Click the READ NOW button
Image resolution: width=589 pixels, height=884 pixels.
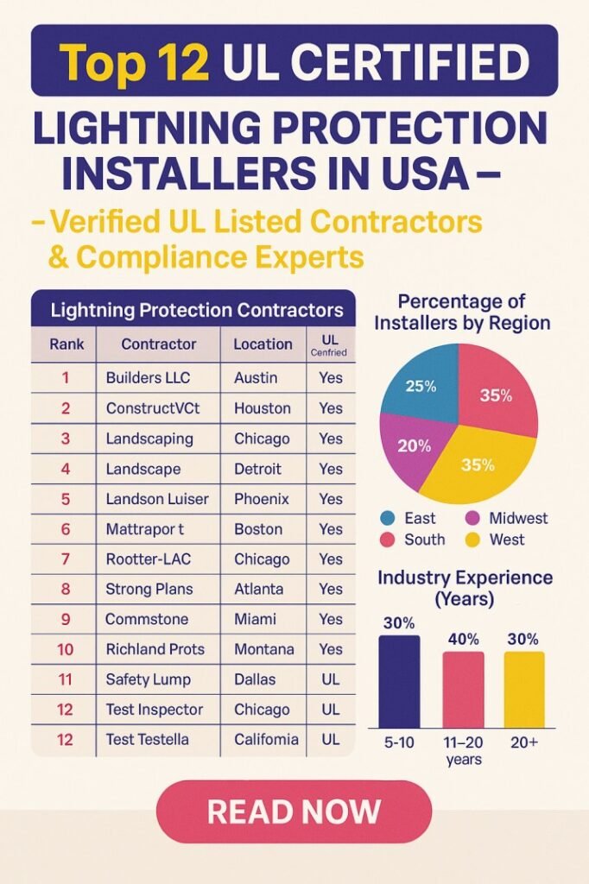pyautogui.click(x=294, y=811)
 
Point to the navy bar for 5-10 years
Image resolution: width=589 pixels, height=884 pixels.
pyautogui.click(x=399, y=681)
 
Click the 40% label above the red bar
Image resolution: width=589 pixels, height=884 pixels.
pyautogui.click(x=463, y=639)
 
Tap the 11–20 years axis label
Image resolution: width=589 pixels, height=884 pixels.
pyautogui.click(x=463, y=750)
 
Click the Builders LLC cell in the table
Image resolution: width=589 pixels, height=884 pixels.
pyautogui.click(x=148, y=377)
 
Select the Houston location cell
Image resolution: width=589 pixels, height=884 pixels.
pyautogui.click(x=263, y=407)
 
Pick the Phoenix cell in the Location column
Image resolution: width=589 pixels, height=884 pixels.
pyautogui.click(x=262, y=499)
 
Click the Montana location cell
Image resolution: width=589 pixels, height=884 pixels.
pyautogui.click(x=263, y=648)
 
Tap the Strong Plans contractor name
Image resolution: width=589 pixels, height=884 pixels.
pyautogui.click(x=149, y=589)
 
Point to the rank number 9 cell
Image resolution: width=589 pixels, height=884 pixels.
pyautogui.click(x=66, y=619)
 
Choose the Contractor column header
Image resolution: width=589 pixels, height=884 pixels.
pyautogui.click(x=159, y=344)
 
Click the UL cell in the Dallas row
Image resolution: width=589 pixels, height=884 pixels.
pyautogui.click(x=330, y=679)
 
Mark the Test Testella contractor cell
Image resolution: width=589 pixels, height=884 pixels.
pyautogui.click(x=147, y=739)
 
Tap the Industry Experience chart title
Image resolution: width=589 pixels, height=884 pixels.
pyautogui.click(x=465, y=587)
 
